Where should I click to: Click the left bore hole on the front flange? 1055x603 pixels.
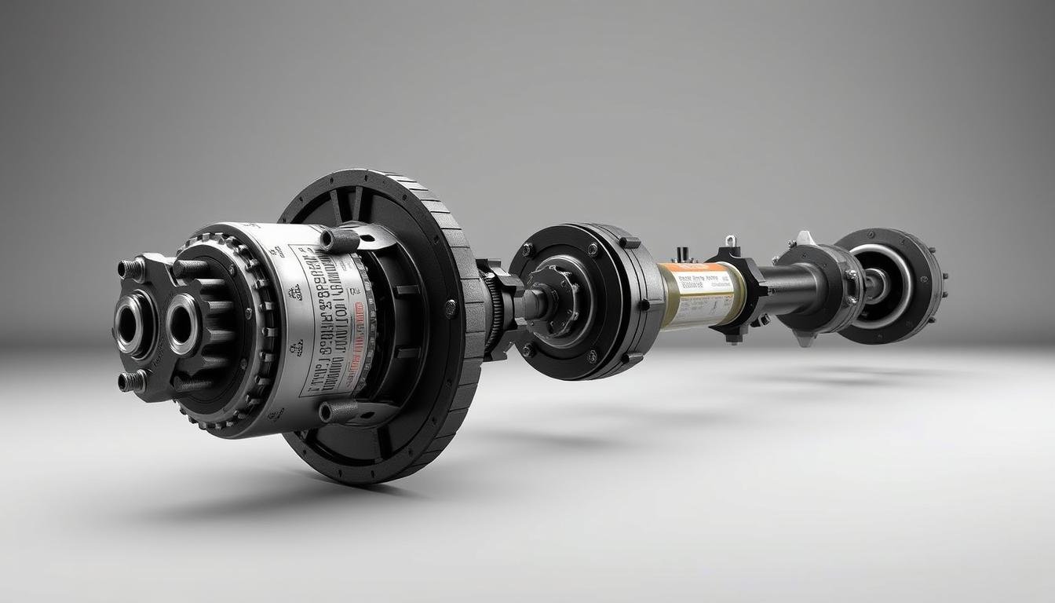tap(130, 323)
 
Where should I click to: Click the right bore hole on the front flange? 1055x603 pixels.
tap(182, 323)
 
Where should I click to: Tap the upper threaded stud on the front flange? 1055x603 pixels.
tap(130, 269)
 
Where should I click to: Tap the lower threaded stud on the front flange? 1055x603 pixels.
tap(130, 381)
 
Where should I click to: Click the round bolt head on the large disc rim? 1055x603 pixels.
tap(451, 309)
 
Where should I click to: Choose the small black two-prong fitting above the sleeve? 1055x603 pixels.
tap(682, 254)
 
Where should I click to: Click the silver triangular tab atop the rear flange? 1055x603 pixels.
tap(804, 238)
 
